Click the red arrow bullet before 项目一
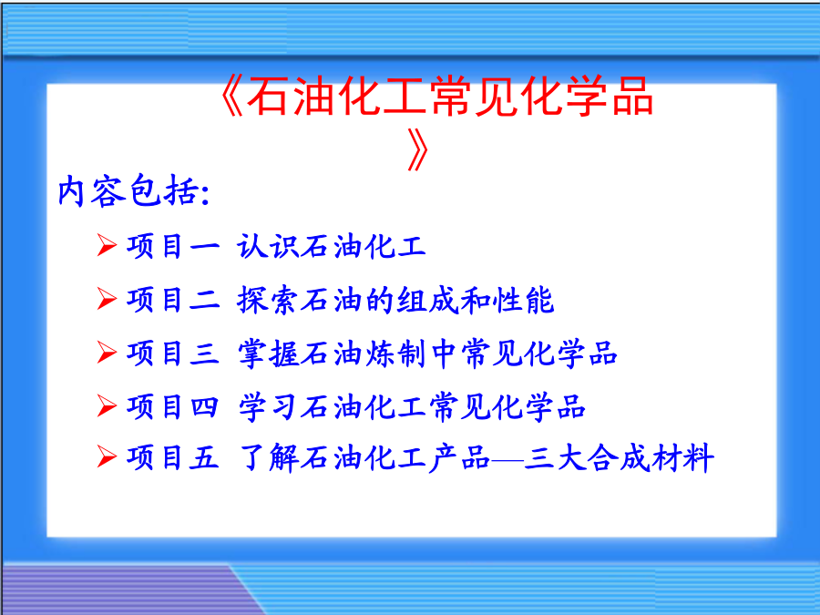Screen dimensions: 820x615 (107, 245)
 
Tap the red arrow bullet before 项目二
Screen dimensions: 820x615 (107, 299)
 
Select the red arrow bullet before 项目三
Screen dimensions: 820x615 (107, 353)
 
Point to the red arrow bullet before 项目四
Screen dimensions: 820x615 (107, 405)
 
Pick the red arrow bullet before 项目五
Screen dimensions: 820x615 (107, 456)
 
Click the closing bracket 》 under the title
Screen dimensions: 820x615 (418, 150)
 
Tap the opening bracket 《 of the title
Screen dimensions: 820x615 (231, 97)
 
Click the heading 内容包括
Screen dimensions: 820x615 (128, 190)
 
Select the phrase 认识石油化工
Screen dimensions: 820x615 (332, 246)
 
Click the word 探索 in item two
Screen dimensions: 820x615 (267, 300)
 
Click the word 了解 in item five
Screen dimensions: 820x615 (269, 457)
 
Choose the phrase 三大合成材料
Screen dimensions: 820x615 (620, 457)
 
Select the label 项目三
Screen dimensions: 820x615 (173, 353)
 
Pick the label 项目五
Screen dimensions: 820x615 (173, 457)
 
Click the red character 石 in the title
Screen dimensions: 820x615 (267, 97)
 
